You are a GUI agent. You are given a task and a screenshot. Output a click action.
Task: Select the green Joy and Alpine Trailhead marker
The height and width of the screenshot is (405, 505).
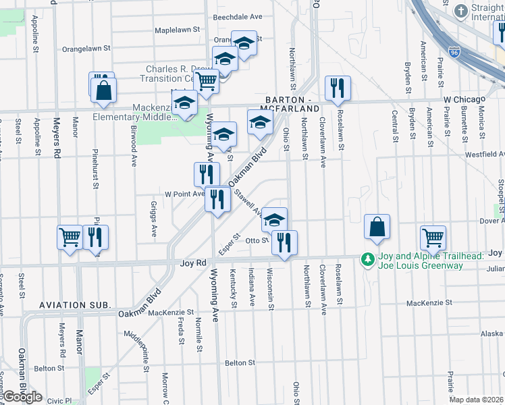coord(367,259)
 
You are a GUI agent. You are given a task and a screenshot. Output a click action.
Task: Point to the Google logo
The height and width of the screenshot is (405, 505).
coord(22,397)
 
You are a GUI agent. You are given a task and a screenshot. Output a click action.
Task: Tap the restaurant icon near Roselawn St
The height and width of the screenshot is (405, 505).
coord(337,87)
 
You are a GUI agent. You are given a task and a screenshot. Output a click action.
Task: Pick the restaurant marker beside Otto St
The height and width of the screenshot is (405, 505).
coord(284,241)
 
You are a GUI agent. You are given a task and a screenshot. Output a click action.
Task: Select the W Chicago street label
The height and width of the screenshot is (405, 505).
coord(465,99)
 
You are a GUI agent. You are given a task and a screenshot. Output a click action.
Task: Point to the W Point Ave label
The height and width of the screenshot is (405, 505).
coord(181,194)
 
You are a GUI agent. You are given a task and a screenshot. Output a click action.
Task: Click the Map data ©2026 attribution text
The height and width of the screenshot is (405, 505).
coord(477,400)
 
